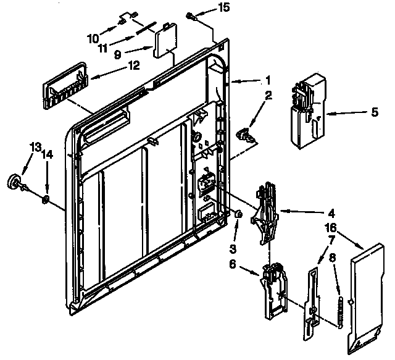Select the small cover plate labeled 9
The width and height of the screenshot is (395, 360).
tap(165, 42)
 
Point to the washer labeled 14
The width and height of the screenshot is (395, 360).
tap(46, 199)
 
